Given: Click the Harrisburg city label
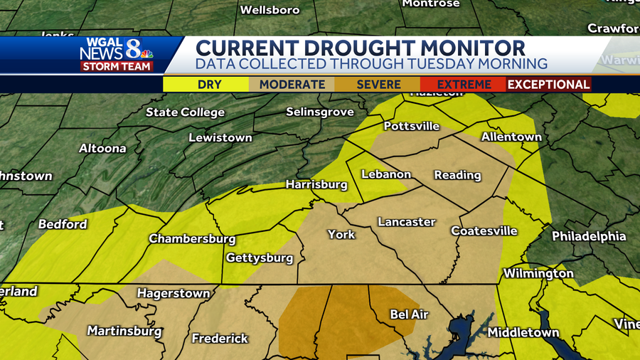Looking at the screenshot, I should point(316,184).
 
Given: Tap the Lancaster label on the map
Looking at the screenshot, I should point(406,222).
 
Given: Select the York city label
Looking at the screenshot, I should point(341,234).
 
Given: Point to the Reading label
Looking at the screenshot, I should point(457,175).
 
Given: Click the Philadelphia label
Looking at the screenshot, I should point(589,236).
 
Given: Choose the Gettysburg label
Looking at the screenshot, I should point(260,258).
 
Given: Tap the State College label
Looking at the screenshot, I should point(185,112).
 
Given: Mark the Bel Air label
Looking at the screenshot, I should point(409,314).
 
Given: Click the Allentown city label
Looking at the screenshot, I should point(511,137).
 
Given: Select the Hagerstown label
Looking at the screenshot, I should point(174,293).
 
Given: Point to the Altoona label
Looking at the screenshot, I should point(102,149).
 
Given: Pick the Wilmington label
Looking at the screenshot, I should point(538,273).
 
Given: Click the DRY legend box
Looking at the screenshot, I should point(209,84).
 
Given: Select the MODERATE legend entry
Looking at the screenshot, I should point(292,84).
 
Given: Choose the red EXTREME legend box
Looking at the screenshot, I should point(463,84).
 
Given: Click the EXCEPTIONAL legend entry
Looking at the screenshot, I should point(548,84).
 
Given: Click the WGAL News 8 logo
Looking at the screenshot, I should point(114,50).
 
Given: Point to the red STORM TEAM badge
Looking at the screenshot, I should point(117,66).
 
